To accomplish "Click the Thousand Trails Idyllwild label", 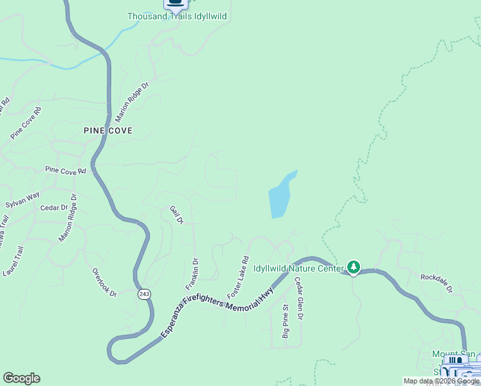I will tap(177, 16).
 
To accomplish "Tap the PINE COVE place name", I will tap(108, 131).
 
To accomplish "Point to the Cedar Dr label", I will tap(54, 208).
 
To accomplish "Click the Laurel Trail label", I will tap(13, 261).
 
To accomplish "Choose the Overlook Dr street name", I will tap(104, 282).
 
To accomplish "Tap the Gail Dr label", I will tap(177, 215).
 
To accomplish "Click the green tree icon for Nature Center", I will tap(353, 266).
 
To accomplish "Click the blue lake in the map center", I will tap(280, 196).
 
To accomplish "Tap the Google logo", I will tap(21, 378).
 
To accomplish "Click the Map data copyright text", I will tap(441, 381).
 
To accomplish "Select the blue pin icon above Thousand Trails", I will tap(174, 3).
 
